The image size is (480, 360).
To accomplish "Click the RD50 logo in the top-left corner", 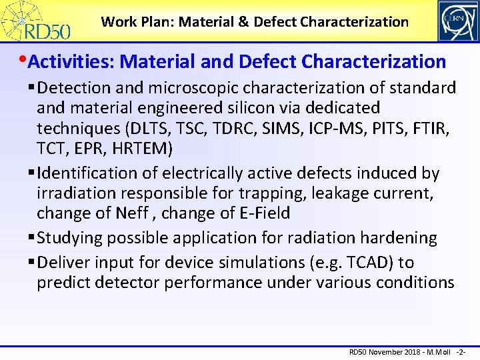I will (41, 21).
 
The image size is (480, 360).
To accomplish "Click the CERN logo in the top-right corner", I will (457, 21).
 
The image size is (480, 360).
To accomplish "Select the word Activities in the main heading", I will (70, 62).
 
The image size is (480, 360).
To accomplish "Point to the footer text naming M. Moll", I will (435, 351).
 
